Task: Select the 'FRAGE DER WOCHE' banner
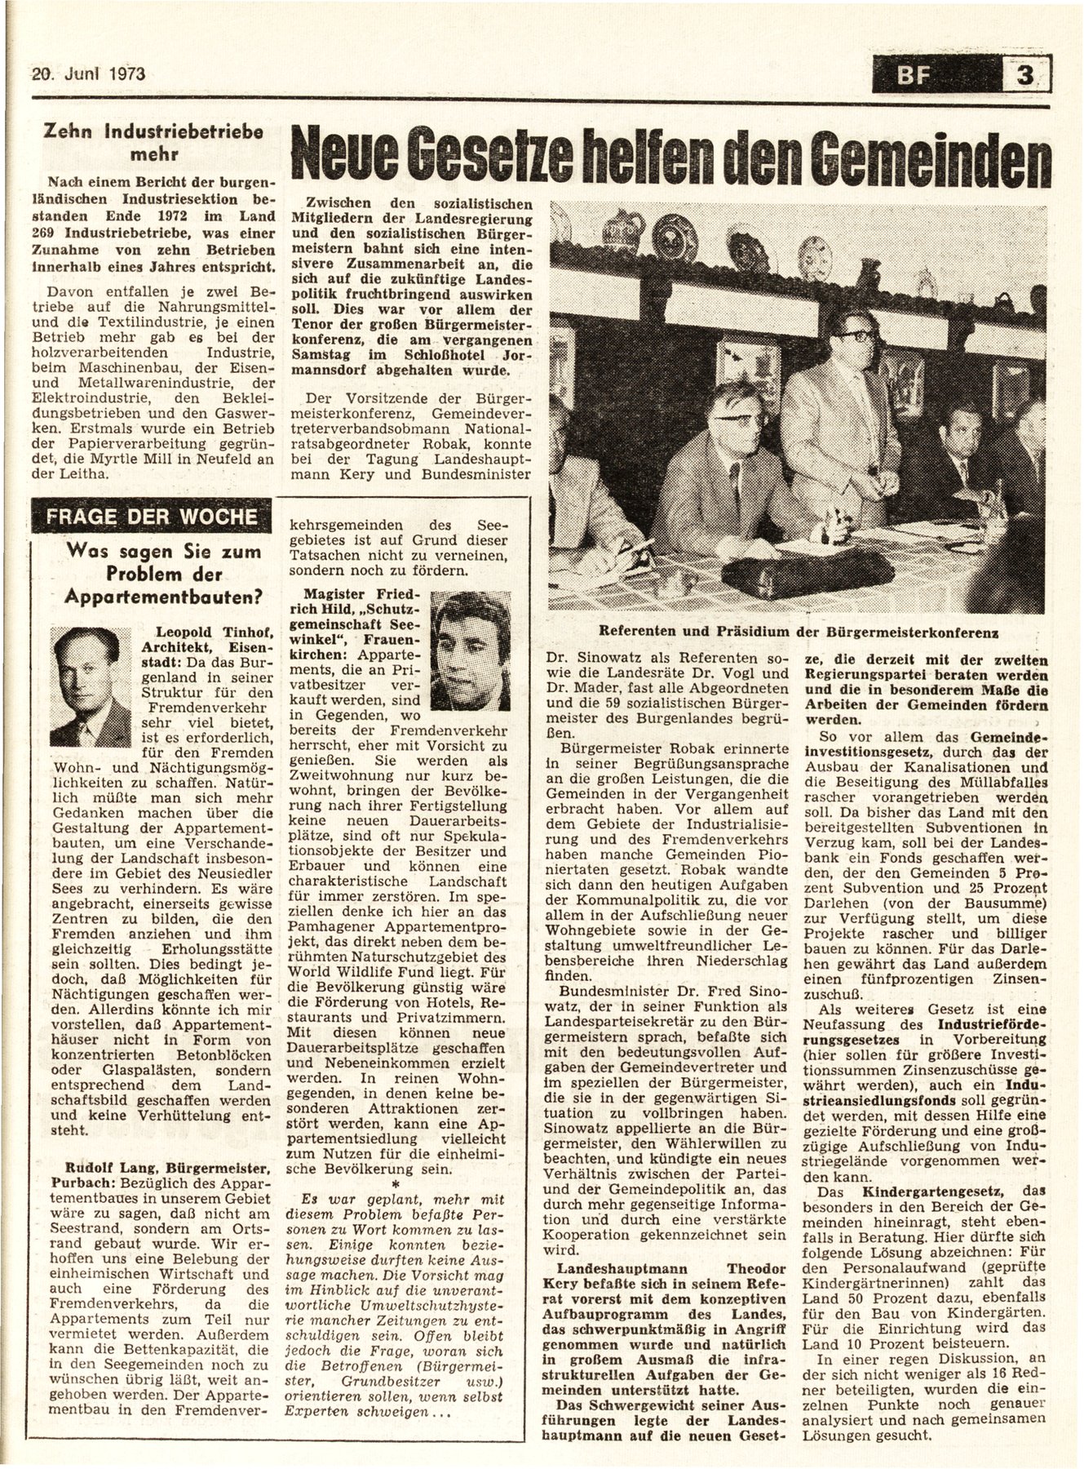pyautogui.click(x=148, y=517)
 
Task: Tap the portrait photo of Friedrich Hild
pyautogui.click(x=470, y=639)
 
